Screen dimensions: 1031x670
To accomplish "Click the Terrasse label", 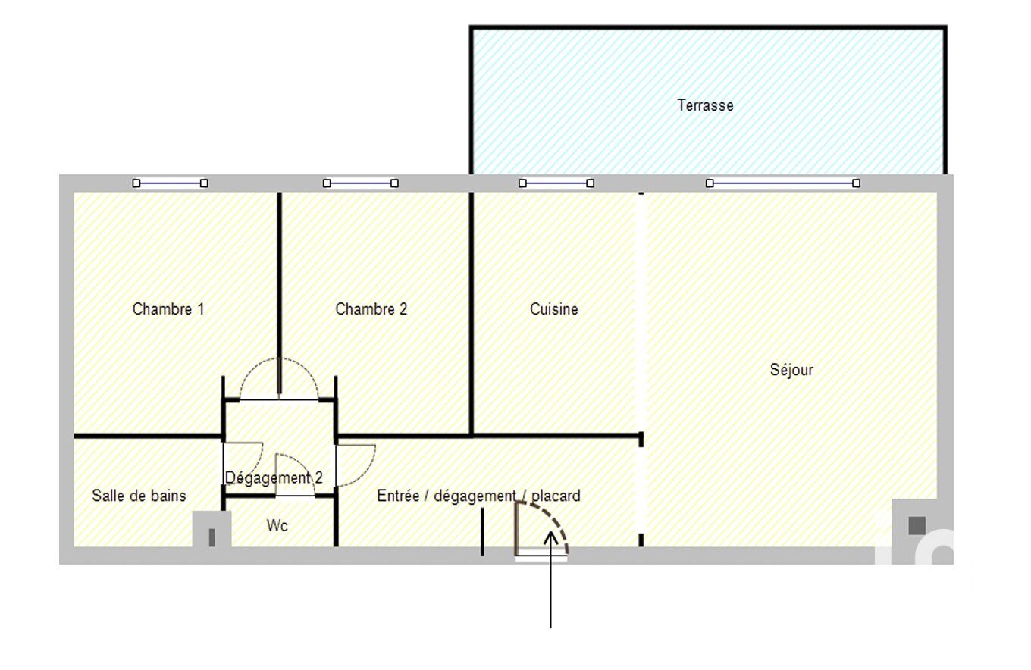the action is point(705,105).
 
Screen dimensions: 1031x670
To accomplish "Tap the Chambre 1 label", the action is point(168,308).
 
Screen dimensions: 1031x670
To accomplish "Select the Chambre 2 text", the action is point(371,308).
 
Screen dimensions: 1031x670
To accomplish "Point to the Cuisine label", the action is point(553,308).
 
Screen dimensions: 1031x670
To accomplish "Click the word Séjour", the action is point(791,370).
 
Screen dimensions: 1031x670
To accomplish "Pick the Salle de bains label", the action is point(139,496).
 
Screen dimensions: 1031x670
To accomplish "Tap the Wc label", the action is point(277,525).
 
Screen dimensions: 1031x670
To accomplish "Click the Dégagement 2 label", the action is point(274,478).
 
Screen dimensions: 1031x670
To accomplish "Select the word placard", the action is point(556,496).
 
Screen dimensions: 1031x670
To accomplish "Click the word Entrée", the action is point(398,496).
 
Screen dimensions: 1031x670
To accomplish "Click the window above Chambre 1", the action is point(171,183).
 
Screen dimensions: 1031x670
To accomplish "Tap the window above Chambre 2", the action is point(360,183).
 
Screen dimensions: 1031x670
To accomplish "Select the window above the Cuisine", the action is point(556,183).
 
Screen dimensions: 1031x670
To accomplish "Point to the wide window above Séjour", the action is point(783,183).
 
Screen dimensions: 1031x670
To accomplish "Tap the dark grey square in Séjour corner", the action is point(917,525).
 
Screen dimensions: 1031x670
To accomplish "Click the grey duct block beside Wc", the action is point(212,529).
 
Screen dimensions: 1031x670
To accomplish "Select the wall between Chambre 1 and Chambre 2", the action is point(279,293).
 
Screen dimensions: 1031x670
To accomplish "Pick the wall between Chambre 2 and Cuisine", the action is point(472,313).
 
